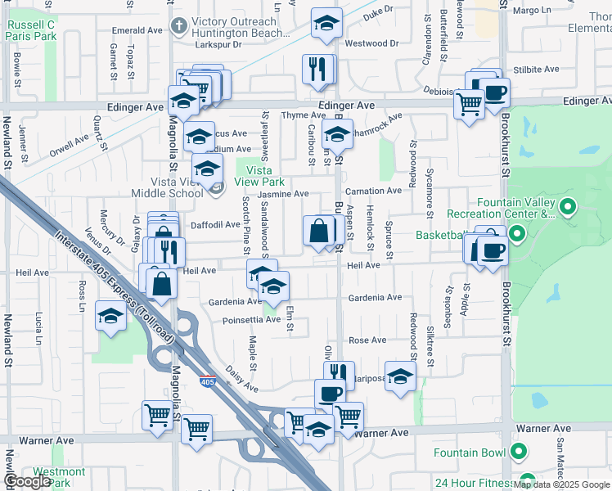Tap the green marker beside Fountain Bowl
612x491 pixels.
(518, 452)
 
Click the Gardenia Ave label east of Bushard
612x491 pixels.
(376, 298)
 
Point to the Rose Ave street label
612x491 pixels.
(367, 340)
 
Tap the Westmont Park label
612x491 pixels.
(60, 477)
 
